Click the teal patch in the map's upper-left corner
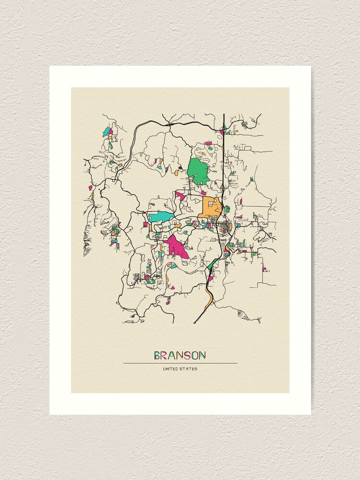[107, 131]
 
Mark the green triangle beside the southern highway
[212, 264]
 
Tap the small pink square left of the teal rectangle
[145, 224]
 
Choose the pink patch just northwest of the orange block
[180, 195]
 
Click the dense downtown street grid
[224, 225]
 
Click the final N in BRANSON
[204, 356]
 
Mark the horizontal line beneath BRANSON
[180, 363]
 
